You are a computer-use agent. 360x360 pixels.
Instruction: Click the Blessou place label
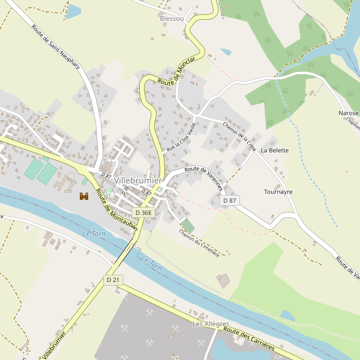pos(172,19)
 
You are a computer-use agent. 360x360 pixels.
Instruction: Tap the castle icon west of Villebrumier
pos(84,196)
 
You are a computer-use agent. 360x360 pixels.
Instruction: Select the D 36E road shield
pos(144,212)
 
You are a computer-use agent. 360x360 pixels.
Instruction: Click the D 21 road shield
pos(113,280)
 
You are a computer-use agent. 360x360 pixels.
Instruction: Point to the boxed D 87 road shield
pos(229,200)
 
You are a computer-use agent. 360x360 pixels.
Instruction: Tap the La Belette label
pos(274,150)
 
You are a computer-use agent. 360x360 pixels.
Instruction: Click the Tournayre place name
pos(278,192)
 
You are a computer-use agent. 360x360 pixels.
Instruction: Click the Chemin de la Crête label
pos(239,135)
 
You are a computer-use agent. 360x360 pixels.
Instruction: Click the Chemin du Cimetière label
pos(199,243)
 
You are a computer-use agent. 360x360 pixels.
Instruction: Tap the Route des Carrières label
pos(248,338)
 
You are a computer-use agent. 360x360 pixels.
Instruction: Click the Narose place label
pos(348,113)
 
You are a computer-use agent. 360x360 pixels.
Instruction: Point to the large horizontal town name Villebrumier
pos(137,181)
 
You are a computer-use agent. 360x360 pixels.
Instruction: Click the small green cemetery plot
pos(188,226)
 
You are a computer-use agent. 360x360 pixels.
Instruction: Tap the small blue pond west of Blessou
pos(73,11)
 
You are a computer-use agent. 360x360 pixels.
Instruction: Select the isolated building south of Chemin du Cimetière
pos(223,280)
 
